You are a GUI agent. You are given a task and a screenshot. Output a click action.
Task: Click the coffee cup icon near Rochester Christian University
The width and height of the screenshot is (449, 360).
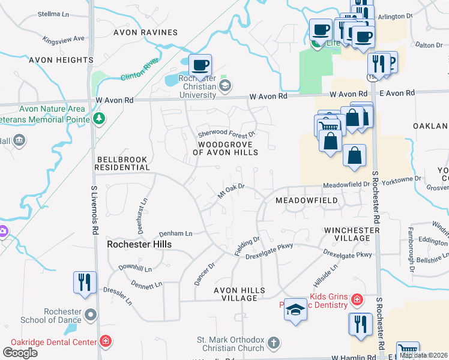tap(200, 64)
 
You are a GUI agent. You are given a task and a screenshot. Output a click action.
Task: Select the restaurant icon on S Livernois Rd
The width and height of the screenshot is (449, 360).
tap(84, 282)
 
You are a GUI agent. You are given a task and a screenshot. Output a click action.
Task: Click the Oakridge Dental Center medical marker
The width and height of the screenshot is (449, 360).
tap(106, 342)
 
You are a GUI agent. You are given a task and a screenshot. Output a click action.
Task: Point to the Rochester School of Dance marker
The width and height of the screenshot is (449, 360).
tap(91, 314)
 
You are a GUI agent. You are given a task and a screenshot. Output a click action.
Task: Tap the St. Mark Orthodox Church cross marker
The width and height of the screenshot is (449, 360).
tap(273, 343)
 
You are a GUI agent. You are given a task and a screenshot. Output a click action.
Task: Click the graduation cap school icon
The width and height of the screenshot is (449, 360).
tap(295, 310)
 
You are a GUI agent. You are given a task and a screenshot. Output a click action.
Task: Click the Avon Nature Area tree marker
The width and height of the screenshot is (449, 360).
tap(100, 118)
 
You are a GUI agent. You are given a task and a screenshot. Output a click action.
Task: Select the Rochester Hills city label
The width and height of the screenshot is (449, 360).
tap(139, 244)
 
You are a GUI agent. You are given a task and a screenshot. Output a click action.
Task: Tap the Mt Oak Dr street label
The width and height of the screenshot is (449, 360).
tap(231, 191)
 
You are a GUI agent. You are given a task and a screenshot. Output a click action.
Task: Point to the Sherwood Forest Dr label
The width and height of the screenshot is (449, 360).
tap(227, 133)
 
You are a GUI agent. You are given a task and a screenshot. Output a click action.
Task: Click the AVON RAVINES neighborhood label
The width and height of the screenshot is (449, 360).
tap(147, 32)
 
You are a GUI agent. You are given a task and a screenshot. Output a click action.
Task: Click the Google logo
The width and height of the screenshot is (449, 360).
tap(20, 353)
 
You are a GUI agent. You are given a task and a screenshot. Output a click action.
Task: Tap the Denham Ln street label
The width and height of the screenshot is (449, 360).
tap(175, 233)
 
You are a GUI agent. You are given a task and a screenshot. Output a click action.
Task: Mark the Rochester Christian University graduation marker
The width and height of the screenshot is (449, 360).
tap(224, 86)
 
